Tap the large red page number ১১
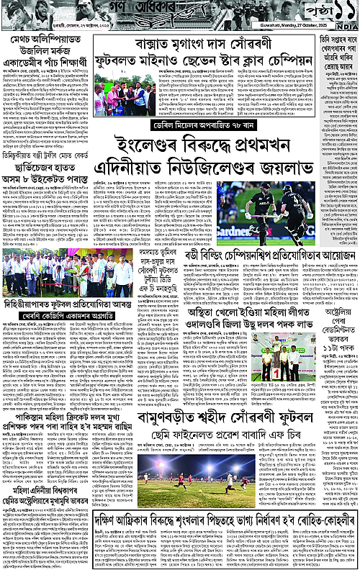tap(336, 14)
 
